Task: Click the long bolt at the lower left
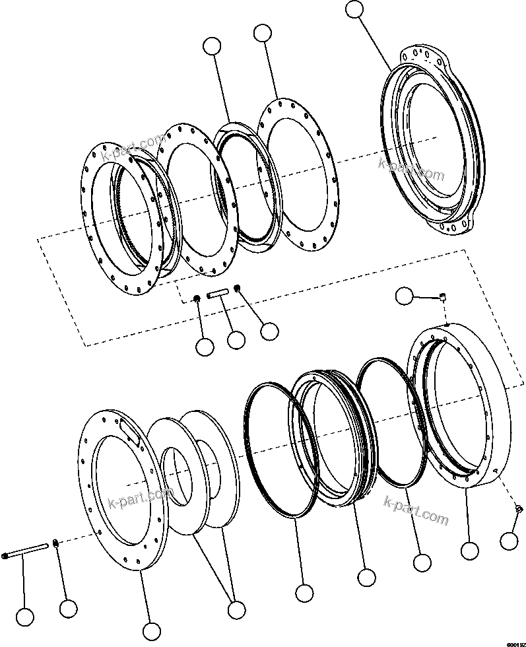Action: click(x=26, y=551)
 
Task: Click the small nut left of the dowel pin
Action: click(x=197, y=300)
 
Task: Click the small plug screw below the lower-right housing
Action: click(x=518, y=508)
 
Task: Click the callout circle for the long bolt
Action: click(x=24, y=617)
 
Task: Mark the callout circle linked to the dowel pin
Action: click(x=236, y=340)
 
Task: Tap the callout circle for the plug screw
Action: click(x=509, y=541)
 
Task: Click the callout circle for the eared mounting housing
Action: click(x=355, y=9)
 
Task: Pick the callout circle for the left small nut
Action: click(x=205, y=345)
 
